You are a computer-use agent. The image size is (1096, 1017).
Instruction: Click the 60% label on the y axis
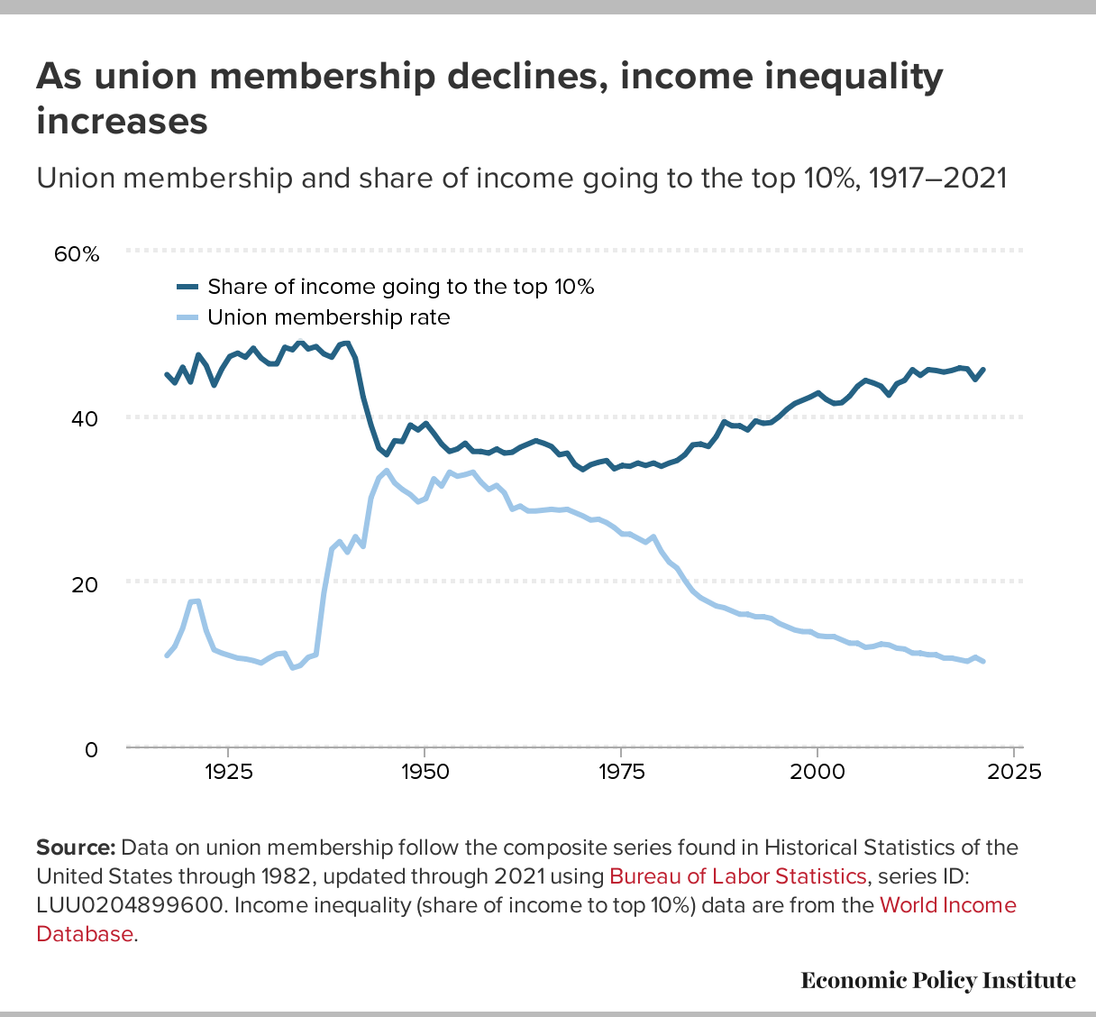pos(77,253)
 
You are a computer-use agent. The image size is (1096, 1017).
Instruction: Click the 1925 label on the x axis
pos(227,773)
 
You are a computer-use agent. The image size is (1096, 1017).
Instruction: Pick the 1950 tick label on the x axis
pos(424,773)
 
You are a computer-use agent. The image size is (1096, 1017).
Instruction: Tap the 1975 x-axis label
pos(620,773)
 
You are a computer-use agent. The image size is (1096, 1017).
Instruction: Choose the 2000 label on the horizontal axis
pos(817,773)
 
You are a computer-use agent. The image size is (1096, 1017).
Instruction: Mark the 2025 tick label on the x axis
pos(1013,773)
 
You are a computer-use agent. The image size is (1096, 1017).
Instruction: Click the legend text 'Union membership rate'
pos(328,317)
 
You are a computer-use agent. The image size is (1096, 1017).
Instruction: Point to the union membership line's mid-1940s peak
pos(387,471)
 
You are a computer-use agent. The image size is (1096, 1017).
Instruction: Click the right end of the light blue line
pos(982,662)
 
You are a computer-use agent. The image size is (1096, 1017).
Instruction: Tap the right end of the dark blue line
pos(982,370)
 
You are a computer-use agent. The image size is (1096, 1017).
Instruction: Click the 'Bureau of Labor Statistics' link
pos(737,876)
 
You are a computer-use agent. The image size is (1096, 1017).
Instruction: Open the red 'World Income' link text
pos(947,905)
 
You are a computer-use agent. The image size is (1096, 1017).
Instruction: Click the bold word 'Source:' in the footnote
pos(76,847)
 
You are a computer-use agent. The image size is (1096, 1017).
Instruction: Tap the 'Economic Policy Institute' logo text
pos(937,980)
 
